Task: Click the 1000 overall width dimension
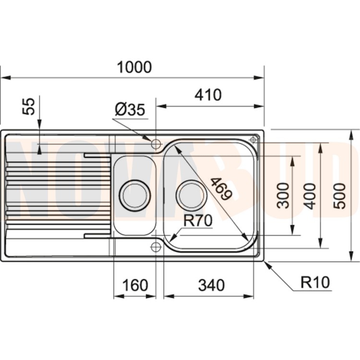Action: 134,67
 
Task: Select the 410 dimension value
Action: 208,95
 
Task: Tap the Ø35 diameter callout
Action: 129,110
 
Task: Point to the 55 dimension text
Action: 30,106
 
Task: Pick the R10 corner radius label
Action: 315,282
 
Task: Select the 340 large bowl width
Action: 211,285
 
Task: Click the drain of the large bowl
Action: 191,195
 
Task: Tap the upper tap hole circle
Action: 156,143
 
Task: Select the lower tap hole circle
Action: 156,247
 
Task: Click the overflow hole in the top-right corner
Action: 253,139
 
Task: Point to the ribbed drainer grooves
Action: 53,187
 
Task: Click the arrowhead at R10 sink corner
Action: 267,264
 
